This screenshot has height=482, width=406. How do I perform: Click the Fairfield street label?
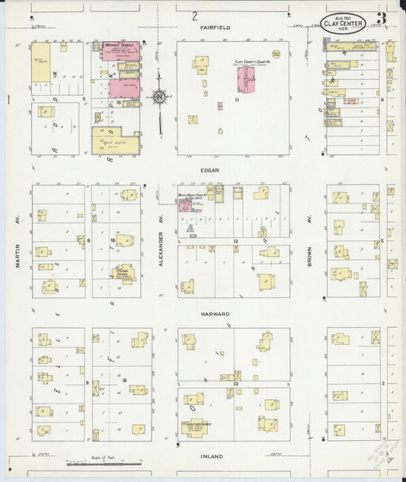(216, 27)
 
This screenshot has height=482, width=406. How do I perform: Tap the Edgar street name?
(211, 171)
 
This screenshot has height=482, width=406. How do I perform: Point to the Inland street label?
(211, 457)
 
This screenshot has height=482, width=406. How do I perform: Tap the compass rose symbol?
(159, 97)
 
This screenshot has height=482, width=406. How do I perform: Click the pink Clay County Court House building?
(245, 83)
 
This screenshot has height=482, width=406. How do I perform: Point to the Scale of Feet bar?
(103, 461)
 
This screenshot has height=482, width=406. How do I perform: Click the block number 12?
(236, 242)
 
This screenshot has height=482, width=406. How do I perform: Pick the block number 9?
(88, 383)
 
